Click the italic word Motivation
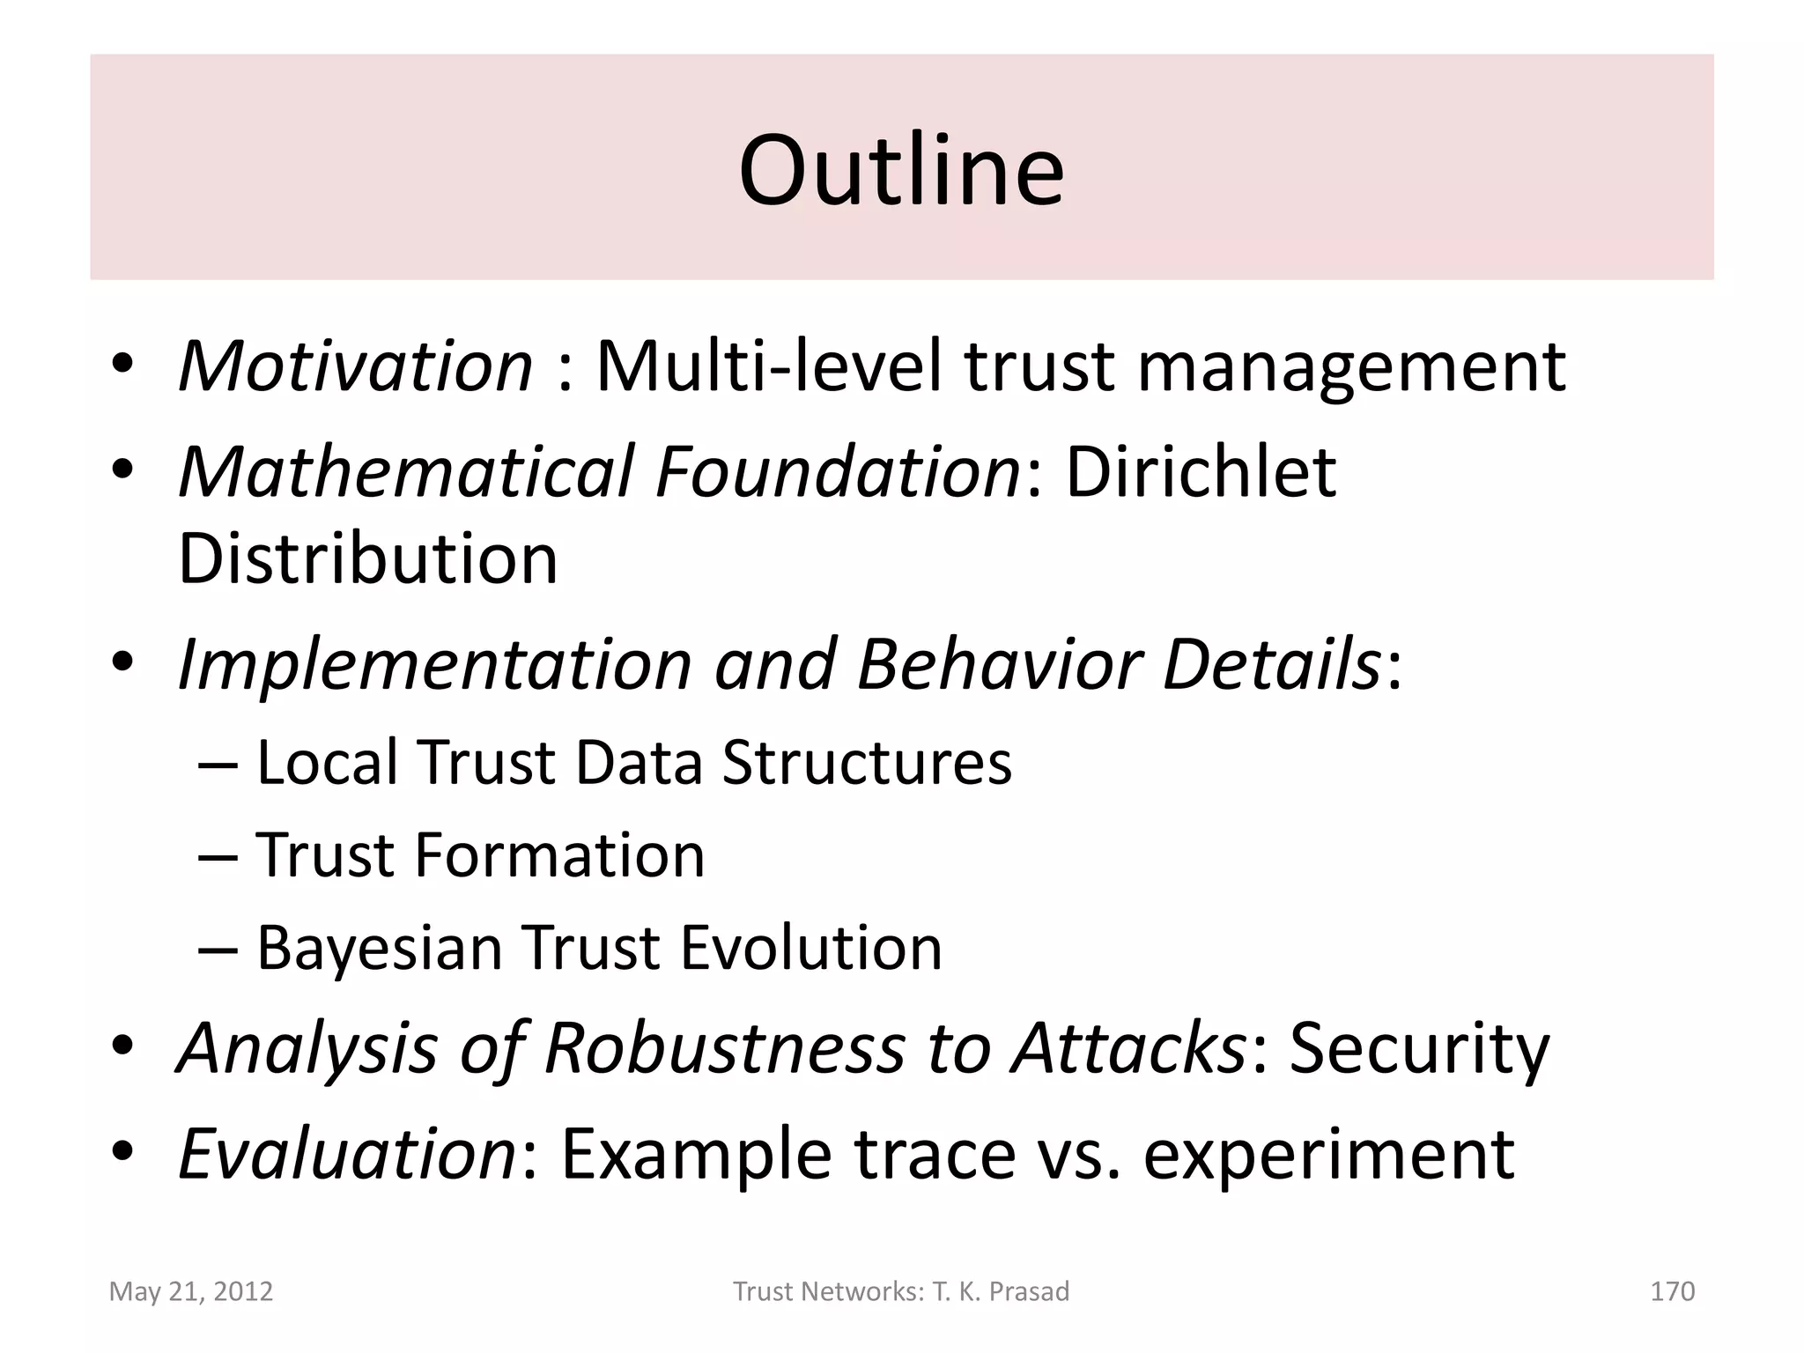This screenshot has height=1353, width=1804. point(356,366)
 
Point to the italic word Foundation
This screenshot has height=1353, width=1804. point(837,471)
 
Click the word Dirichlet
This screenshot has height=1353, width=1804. point(1201,471)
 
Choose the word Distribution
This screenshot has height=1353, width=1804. point(368,558)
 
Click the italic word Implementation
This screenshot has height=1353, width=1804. point(435,665)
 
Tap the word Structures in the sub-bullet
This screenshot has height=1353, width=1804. point(867,762)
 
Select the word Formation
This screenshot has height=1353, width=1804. point(559,854)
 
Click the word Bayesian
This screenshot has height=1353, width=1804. point(379,950)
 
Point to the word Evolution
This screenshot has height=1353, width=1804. point(811,948)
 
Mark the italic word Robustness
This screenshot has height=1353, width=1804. point(724,1047)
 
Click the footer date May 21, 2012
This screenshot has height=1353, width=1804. point(191,1291)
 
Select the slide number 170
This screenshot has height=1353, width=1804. point(1672,1291)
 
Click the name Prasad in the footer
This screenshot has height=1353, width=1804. point(1029,1291)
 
